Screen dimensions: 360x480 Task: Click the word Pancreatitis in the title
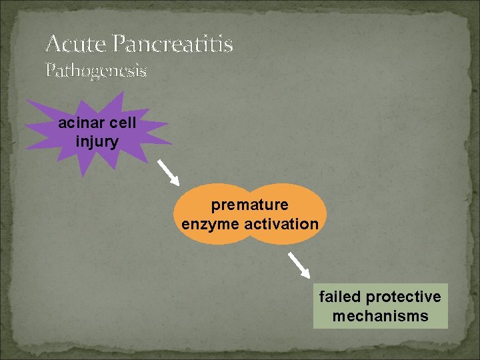(173, 45)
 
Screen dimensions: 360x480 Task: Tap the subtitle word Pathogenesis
(96, 69)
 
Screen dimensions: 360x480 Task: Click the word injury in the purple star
(97, 141)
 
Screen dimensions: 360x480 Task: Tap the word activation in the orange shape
(281, 224)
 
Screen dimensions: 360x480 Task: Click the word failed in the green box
(340, 296)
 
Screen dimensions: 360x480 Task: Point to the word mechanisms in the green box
(381, 315)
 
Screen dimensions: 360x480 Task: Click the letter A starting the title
(53, 45)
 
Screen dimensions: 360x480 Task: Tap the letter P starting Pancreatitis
(120, 45)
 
